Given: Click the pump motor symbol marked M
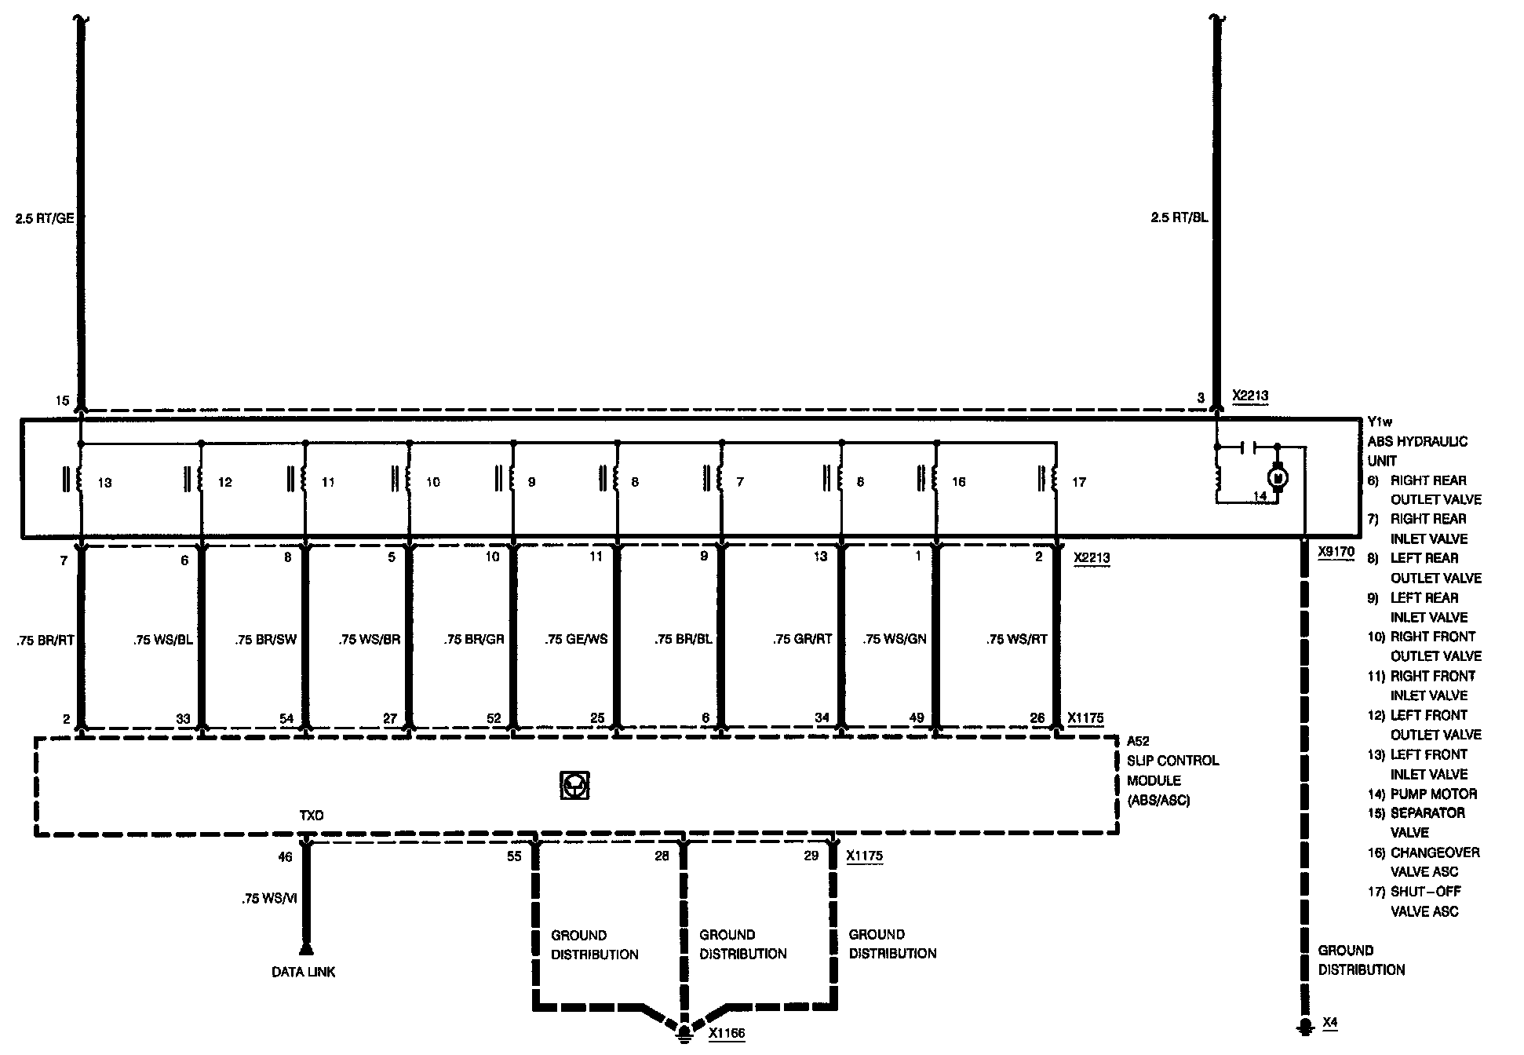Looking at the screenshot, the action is click(1277, 476).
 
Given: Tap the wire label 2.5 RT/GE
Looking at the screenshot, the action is click(45, 218).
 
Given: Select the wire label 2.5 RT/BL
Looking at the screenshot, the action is click(1179, 217).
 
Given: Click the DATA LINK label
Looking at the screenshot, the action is click(304, 972).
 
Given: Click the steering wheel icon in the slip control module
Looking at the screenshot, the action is click(575, 785).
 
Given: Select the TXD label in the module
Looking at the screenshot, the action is click(311, 816).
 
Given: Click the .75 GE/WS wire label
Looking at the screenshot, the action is click(576, 639).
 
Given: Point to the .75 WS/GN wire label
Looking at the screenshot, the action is click(895, 639).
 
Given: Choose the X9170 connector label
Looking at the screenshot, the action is click(1336, 552).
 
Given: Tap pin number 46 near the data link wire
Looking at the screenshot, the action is click(285, 856).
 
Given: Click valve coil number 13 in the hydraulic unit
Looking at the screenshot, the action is click(79, 480).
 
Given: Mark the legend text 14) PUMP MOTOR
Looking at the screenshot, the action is click(1422, 794).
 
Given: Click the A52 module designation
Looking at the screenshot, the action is click(1138, 741).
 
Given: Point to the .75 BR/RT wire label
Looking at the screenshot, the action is click(45, 640).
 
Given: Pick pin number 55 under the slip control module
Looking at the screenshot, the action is click(514, 856).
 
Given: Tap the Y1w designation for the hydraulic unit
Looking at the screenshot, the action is click(1380, 422).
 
